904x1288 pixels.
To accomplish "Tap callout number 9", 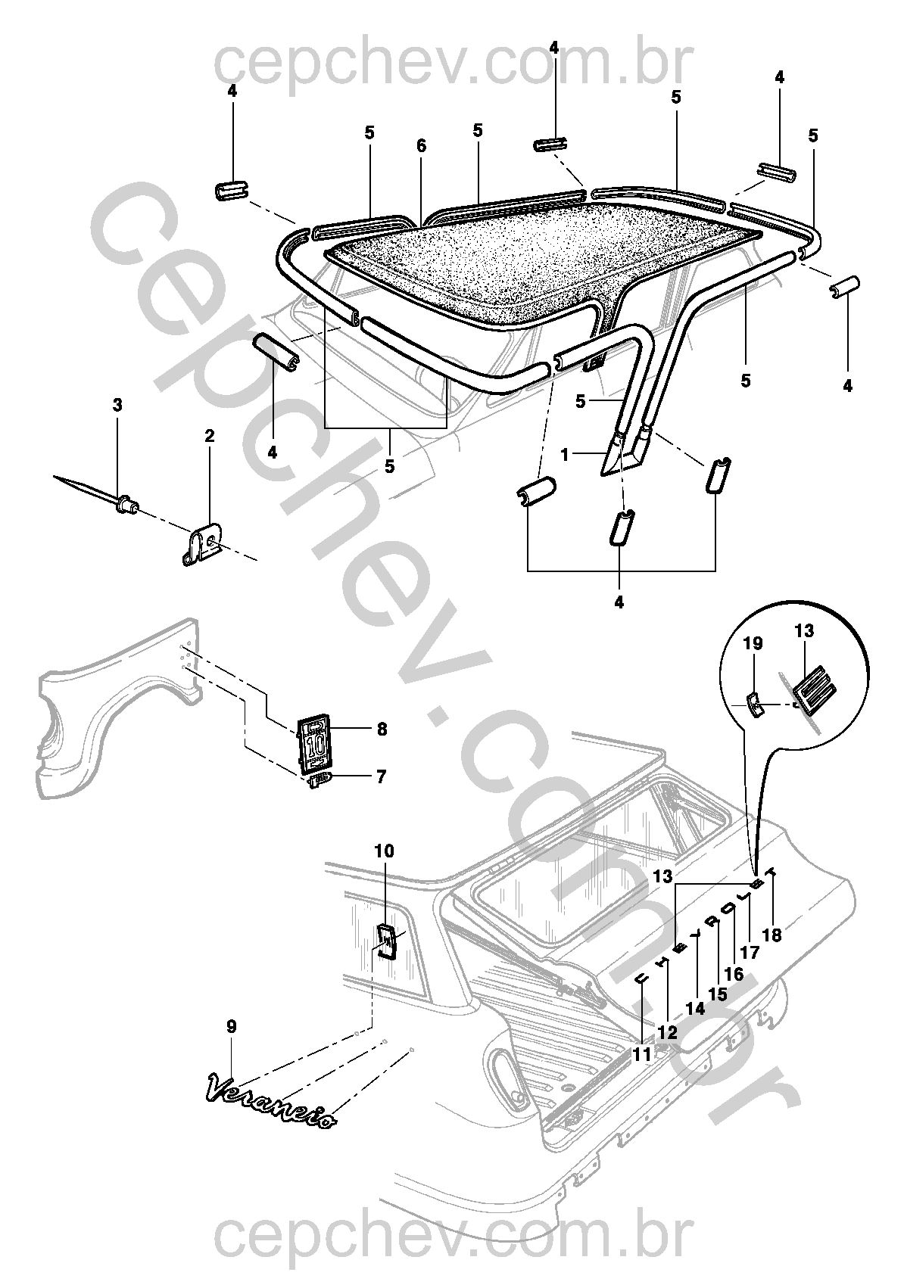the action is pyautogui.click(x=232, y=1026).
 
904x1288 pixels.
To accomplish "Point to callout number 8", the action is pyautogui.click(x=382, y=729).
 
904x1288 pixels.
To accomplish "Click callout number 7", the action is pyautogui.click(x=381, y=777).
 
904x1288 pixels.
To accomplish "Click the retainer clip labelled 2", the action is pyautogui.click(x=203, y=543).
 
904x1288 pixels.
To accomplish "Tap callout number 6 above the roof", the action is pyautogui.click(x=421, y=146).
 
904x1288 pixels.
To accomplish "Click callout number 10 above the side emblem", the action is pyautogui.click(x=385, y=851).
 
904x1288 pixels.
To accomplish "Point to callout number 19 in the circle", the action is pyautogui.click(x=753, y=643).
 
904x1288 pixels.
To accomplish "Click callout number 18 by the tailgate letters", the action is pyautogui.click(x=772, y=935).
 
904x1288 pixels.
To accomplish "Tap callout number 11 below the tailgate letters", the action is pyautogui.click(x=641, y=1054).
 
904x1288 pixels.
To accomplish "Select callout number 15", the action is pyautogui.click(x=718, y=994).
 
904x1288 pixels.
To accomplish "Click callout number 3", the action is pyautogui.click(x=117, y=405).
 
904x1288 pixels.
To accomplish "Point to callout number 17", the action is pyautogui.click(x=750, y=953).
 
